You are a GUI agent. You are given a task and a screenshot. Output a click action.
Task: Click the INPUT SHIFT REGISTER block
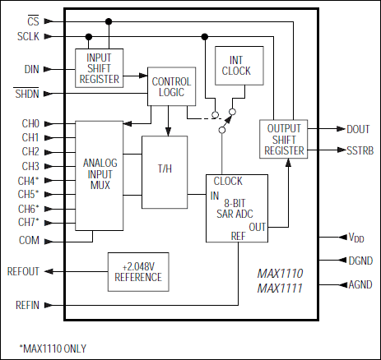point(98,67)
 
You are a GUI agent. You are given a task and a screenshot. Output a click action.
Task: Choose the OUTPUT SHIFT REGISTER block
point(283,140)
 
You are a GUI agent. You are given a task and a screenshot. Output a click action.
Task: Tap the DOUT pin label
point(358,129)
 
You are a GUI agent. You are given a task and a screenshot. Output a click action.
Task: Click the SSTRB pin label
point(360,150)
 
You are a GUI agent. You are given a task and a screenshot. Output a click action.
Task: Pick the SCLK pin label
point(26,36)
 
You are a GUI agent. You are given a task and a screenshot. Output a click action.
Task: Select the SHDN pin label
point(26,94)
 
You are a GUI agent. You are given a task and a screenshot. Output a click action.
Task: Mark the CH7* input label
point(28,222)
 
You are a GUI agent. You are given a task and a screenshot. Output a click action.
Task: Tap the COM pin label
point(29,240)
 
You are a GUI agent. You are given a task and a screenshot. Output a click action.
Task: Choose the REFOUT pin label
point(23,271)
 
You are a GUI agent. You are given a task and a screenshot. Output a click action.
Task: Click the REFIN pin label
point(27,305)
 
